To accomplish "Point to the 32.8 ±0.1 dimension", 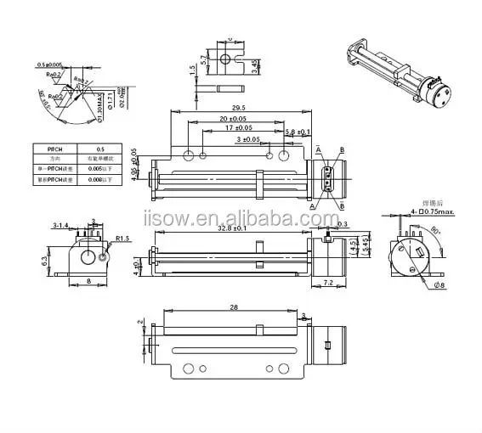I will coord(230,228).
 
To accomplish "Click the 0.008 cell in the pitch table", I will coord(104,180).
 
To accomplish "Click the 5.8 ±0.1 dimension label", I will coord(297,132).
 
